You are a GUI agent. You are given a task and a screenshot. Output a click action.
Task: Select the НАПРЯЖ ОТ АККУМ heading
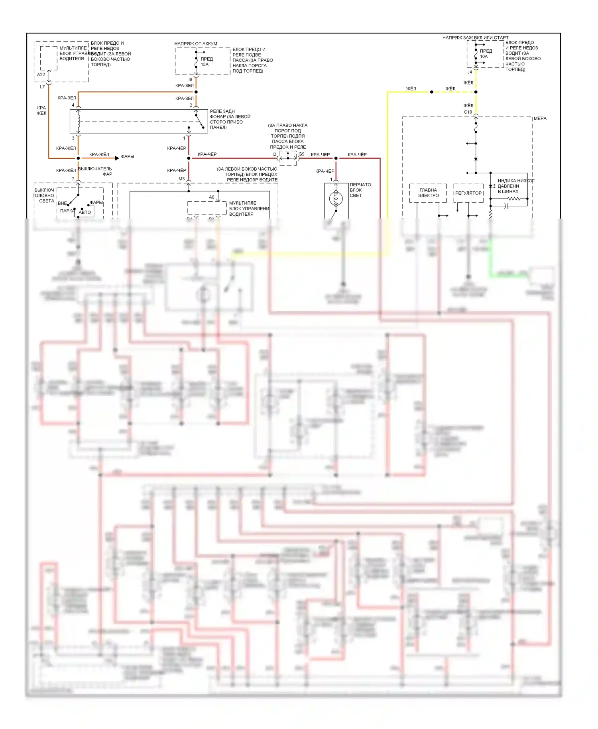pyautogui.click(x=195, y=44)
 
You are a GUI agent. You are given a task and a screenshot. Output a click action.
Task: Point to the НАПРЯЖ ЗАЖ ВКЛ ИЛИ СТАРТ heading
pyautogui.click(x=475, y=38)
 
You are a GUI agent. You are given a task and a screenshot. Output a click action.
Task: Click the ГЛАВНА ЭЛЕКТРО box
pyautogui.click(x=428, y=193)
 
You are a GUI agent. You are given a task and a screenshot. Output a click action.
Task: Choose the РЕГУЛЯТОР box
pyautogui.click(x=468, y=193)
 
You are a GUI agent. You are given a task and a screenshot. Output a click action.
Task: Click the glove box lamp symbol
pyautogui.click(x=336, y=198)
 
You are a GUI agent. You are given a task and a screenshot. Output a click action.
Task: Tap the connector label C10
pyautogui.click(x=468, y=112)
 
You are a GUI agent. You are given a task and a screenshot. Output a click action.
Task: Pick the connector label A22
pyautogui.click(x=41, y=75)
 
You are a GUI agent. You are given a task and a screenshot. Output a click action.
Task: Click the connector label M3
pyautogui.click(x=181, y=179)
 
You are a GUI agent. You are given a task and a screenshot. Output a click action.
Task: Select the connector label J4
pyautogui.click(x=470, y=72)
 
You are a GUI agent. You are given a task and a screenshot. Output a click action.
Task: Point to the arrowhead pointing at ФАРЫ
pyautogui.click(x=117, y=158)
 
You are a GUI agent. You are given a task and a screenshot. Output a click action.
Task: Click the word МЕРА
pyautogui.click(x=540, y=118)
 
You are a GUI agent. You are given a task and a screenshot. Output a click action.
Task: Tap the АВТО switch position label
pyautogui.click(x=85, y=213)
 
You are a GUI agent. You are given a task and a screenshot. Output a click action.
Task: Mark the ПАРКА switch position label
pyautogui.click(x=67, y=211)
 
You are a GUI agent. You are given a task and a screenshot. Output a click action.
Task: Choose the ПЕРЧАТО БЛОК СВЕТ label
pyautogui.click(x=360, y=190)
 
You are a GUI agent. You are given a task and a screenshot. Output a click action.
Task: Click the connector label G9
pyautogui.click(x=301, y=154)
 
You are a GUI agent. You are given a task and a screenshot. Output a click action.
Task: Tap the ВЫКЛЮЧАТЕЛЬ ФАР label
pyautogui.click(x=95, y=171)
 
